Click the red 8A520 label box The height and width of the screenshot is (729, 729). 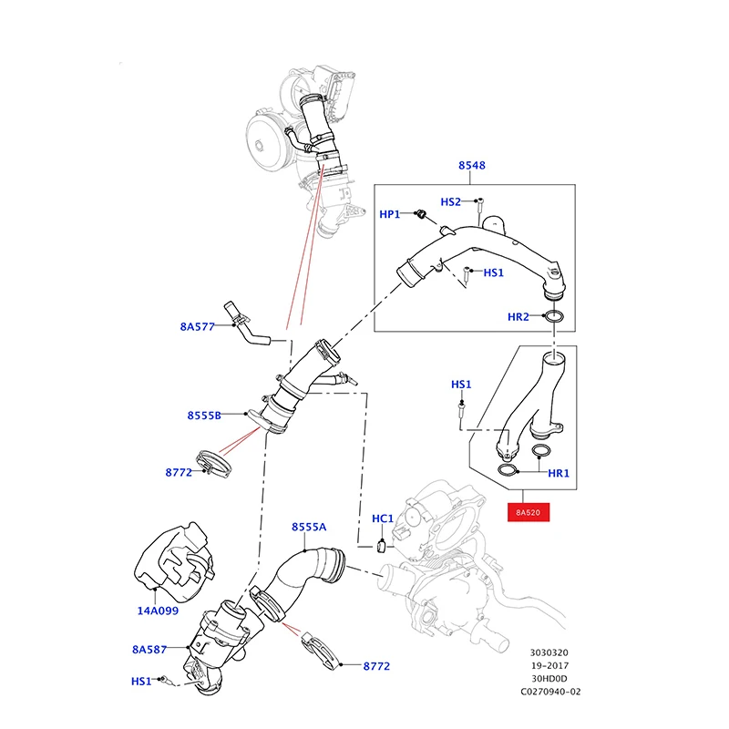point(529,513)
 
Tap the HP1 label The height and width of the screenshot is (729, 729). point(390,214)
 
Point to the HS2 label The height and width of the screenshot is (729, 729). point(451,202)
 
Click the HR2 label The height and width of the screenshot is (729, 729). point(519,317)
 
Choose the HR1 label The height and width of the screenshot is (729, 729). point(558,474)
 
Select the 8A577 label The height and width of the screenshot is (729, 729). point(197,326)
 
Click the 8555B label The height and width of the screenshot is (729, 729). point(204,416)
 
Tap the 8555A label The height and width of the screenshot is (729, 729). point(309,527)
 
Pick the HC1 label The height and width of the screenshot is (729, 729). point(383,519)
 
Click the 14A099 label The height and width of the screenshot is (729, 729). point(158,611)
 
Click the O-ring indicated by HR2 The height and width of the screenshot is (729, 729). point(552,317)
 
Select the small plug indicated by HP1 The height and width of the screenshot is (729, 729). point(422,215)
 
